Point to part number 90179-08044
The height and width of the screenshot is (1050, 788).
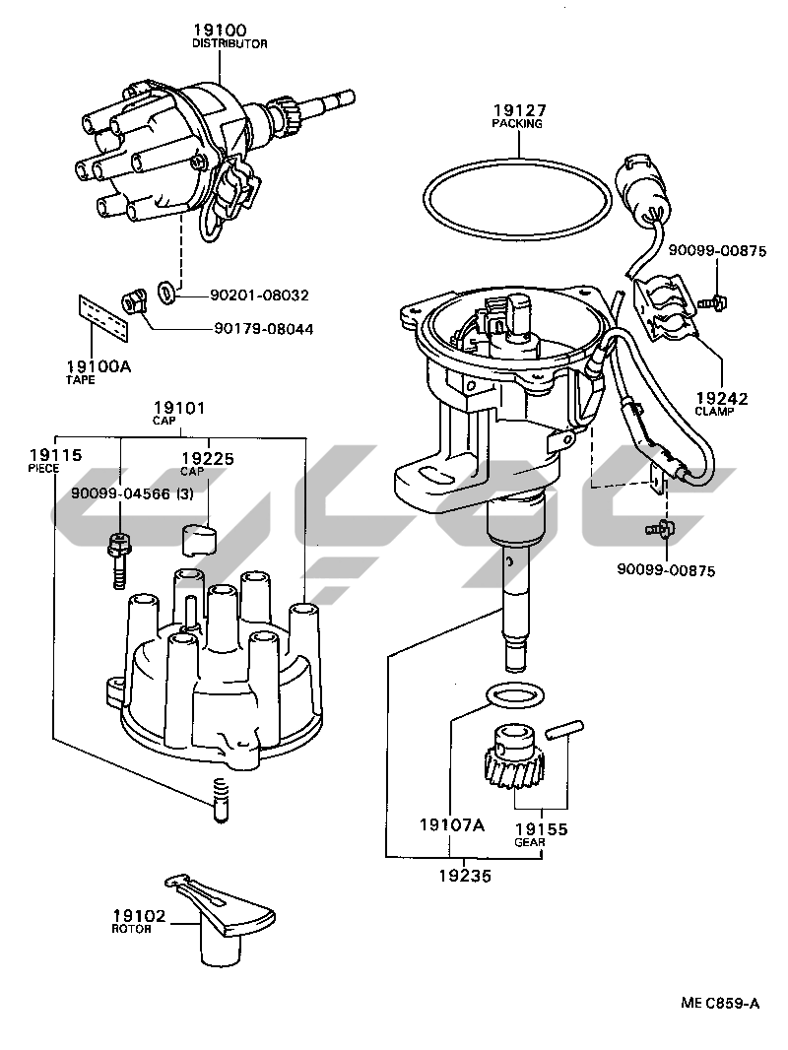263,329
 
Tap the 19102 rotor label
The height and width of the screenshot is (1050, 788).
138,915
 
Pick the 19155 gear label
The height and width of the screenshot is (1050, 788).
541,829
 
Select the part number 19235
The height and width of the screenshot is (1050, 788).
466,873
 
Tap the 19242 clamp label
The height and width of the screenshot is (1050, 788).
722,399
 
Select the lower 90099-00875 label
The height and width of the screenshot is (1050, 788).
665,570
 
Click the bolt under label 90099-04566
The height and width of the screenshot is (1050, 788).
118,559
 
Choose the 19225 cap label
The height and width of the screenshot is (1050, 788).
207,458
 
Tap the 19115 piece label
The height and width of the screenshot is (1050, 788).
55,455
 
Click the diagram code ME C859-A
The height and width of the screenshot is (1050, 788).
720,1004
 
